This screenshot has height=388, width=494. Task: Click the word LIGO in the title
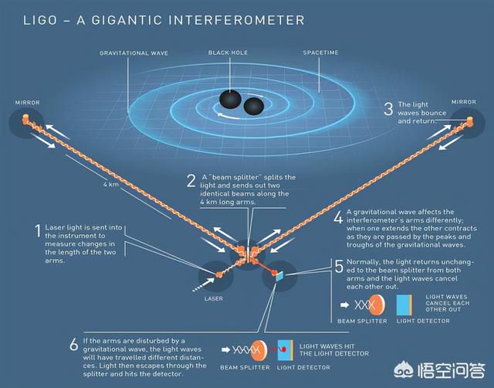40,21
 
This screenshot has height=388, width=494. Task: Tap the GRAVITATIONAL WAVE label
134,53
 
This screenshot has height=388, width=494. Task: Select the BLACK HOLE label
228,53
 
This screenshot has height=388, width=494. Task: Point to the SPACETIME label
321,53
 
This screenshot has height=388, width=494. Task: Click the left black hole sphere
230,100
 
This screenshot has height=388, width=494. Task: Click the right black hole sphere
254,107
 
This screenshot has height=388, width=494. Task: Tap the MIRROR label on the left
28,103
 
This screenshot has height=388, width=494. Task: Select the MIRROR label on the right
464,102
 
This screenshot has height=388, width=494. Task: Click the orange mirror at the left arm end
25,119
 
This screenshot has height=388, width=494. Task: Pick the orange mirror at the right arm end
470,120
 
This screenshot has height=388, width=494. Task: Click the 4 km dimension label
111,184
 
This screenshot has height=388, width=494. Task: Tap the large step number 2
191,181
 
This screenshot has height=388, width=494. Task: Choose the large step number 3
388,108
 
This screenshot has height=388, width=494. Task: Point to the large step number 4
338,217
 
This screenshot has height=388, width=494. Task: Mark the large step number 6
74,345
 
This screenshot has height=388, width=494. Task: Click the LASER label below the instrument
213,298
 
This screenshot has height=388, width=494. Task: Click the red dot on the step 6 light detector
283,349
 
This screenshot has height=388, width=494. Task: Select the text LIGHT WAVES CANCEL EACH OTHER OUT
448,303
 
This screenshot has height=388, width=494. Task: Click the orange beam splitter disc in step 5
377,305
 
